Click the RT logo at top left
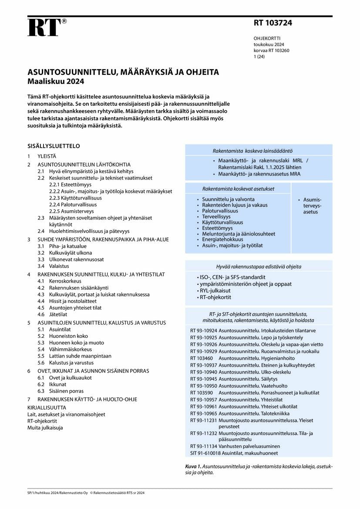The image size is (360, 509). click(44, 28)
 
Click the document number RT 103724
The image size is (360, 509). click(273, 23)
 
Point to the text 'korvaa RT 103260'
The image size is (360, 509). click(272, 51)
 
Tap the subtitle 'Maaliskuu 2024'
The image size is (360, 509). click(56, 81)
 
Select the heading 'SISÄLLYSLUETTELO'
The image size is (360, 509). click(54, 146)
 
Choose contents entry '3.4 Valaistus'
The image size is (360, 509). click(53, 266)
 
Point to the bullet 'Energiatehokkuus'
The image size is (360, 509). click(223, 239)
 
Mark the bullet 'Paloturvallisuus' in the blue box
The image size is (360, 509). click(220, 211)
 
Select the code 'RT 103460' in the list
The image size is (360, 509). click(202, 358)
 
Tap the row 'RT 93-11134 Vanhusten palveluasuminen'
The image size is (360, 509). click(235, 446)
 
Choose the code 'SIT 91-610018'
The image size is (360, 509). click(204, 453)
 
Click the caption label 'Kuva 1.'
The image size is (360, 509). click(194, 466)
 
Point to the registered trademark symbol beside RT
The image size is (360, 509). click(64, 21)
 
